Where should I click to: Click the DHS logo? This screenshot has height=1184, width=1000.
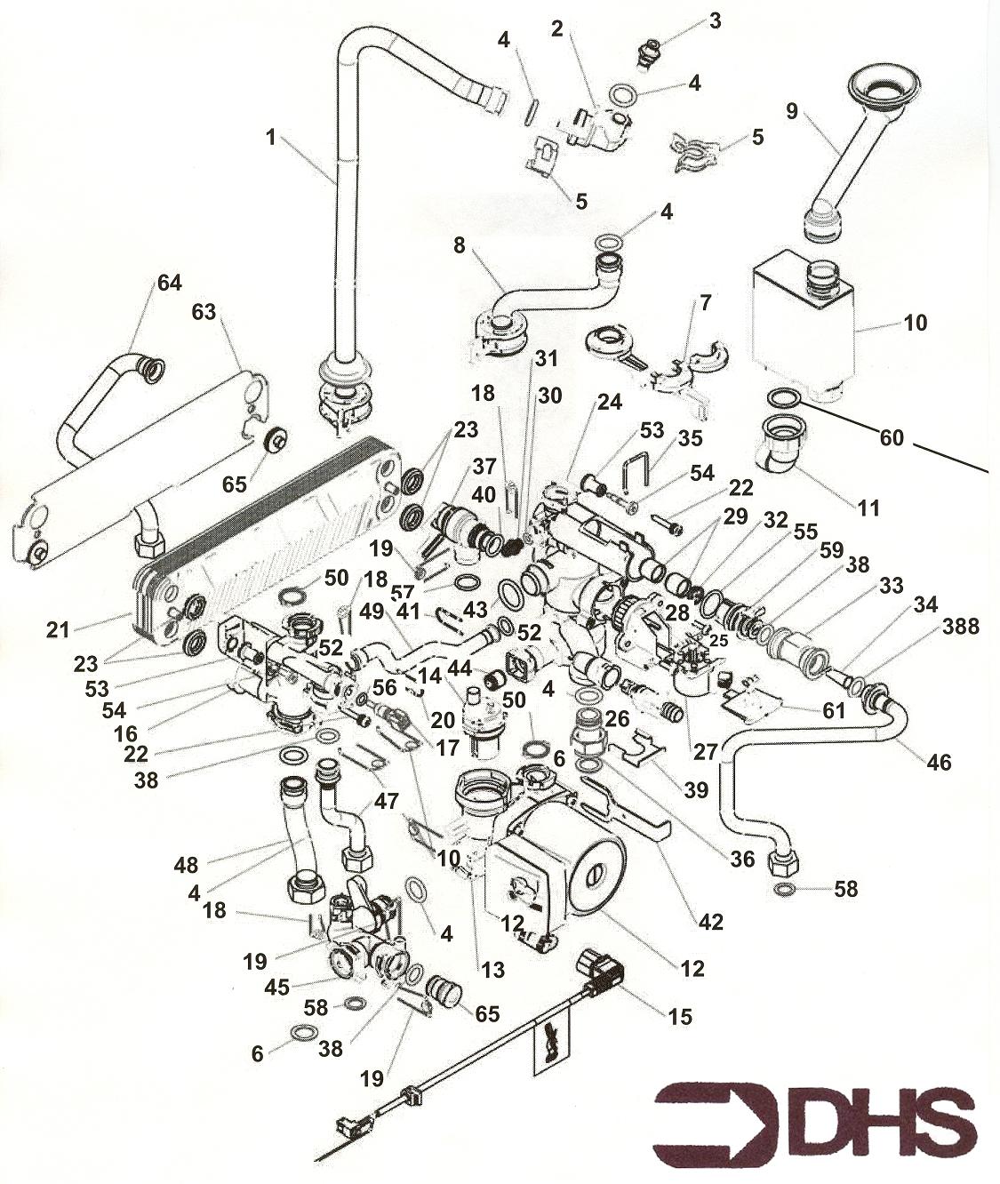click(815, 1116)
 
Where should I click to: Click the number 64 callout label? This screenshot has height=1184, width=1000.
click(169, 283)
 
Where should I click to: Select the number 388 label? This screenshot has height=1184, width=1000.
click(960, 627)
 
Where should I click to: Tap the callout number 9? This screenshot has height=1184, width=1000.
click(792, 111)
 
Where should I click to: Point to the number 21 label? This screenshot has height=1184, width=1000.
click(58, 630)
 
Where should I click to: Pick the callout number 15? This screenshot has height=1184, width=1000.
click(679, 1016)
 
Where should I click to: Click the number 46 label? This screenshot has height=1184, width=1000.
click(938, 762)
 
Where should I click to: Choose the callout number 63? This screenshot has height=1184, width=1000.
click(204, 312)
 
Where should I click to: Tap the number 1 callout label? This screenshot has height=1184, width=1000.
click(270, 137)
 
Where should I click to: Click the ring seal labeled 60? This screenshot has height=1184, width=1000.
click(783, 396)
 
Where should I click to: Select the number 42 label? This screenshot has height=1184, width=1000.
click(710, 922)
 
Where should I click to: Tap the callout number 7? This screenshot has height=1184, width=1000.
click(705, 302)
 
